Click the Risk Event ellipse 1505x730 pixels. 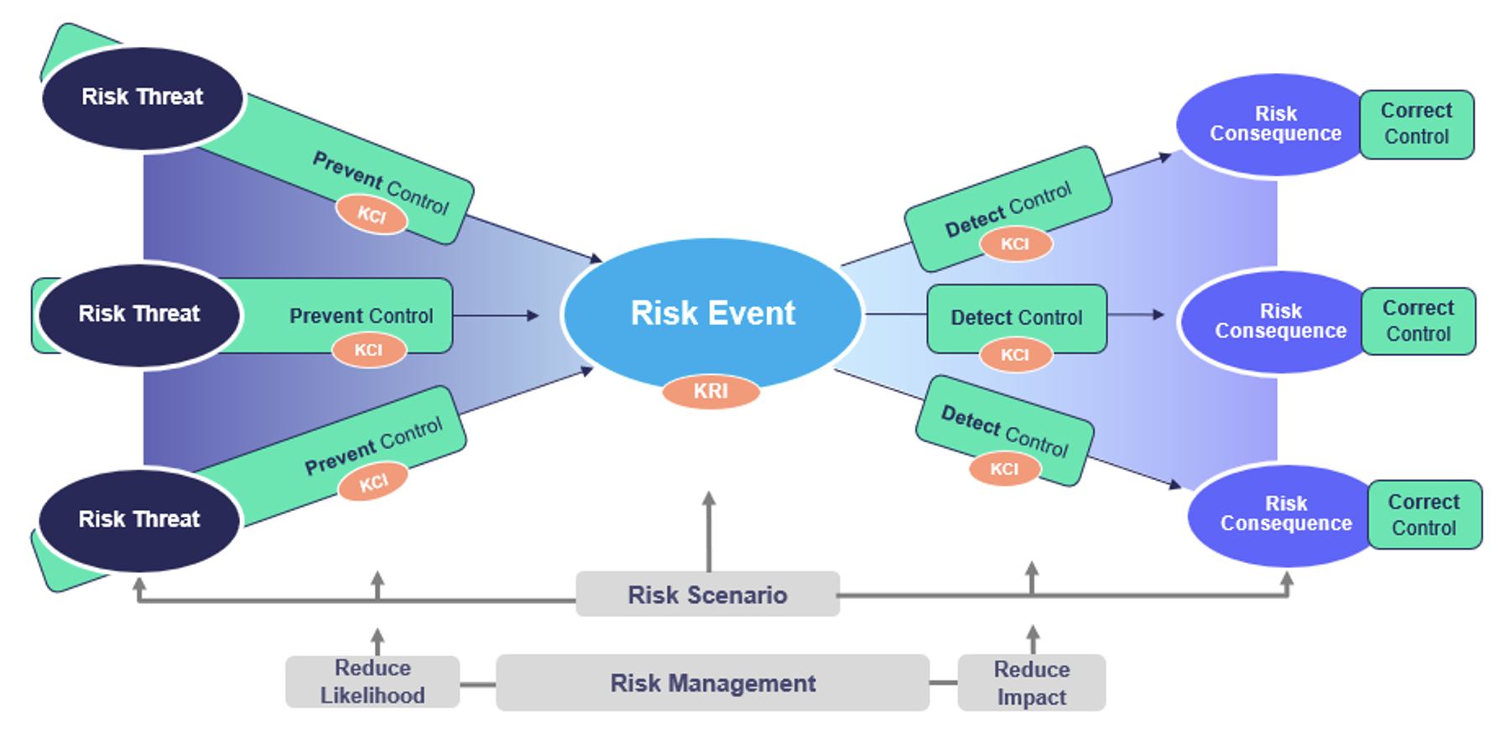tap(712, 313)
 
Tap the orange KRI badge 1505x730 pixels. tap(711, 391)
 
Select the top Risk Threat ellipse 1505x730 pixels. tap(143, 98)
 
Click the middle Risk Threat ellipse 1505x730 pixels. tap(139, 315)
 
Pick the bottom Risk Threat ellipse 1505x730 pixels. tap(139, 520)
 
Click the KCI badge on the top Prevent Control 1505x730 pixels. tap(372, 214)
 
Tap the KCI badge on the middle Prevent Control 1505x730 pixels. tap(368, 350)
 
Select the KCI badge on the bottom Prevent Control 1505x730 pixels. tap(373, 482)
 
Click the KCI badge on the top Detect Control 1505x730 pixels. tap(1015, 244)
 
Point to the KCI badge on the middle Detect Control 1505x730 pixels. tap(1015, 355)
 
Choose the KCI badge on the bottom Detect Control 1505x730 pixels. tap(1004, 469)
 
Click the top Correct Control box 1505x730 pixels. tap(1417, 124)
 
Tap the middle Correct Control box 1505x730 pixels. tap(1419, 321)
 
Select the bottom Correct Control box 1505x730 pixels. tap(1424, 515)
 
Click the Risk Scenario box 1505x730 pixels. tap(707, 594)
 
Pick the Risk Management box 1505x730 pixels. tap(712, 683)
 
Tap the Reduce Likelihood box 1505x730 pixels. tap(372, 681)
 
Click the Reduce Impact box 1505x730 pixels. tap(1032, 683)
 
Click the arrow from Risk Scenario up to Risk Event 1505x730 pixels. tap(709, 531)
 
